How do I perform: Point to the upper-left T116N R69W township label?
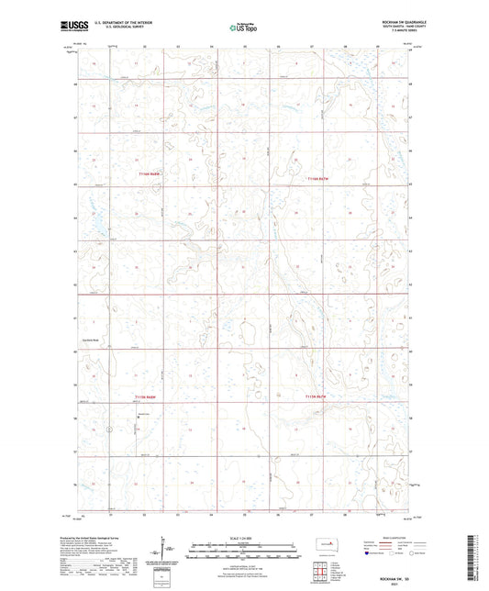pyautogui.click(x=150, y=173)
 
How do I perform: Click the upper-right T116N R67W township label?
pyautogui.click(x=317, y=178)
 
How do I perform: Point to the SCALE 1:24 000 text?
pyautogui.click(x=243, y=538)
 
